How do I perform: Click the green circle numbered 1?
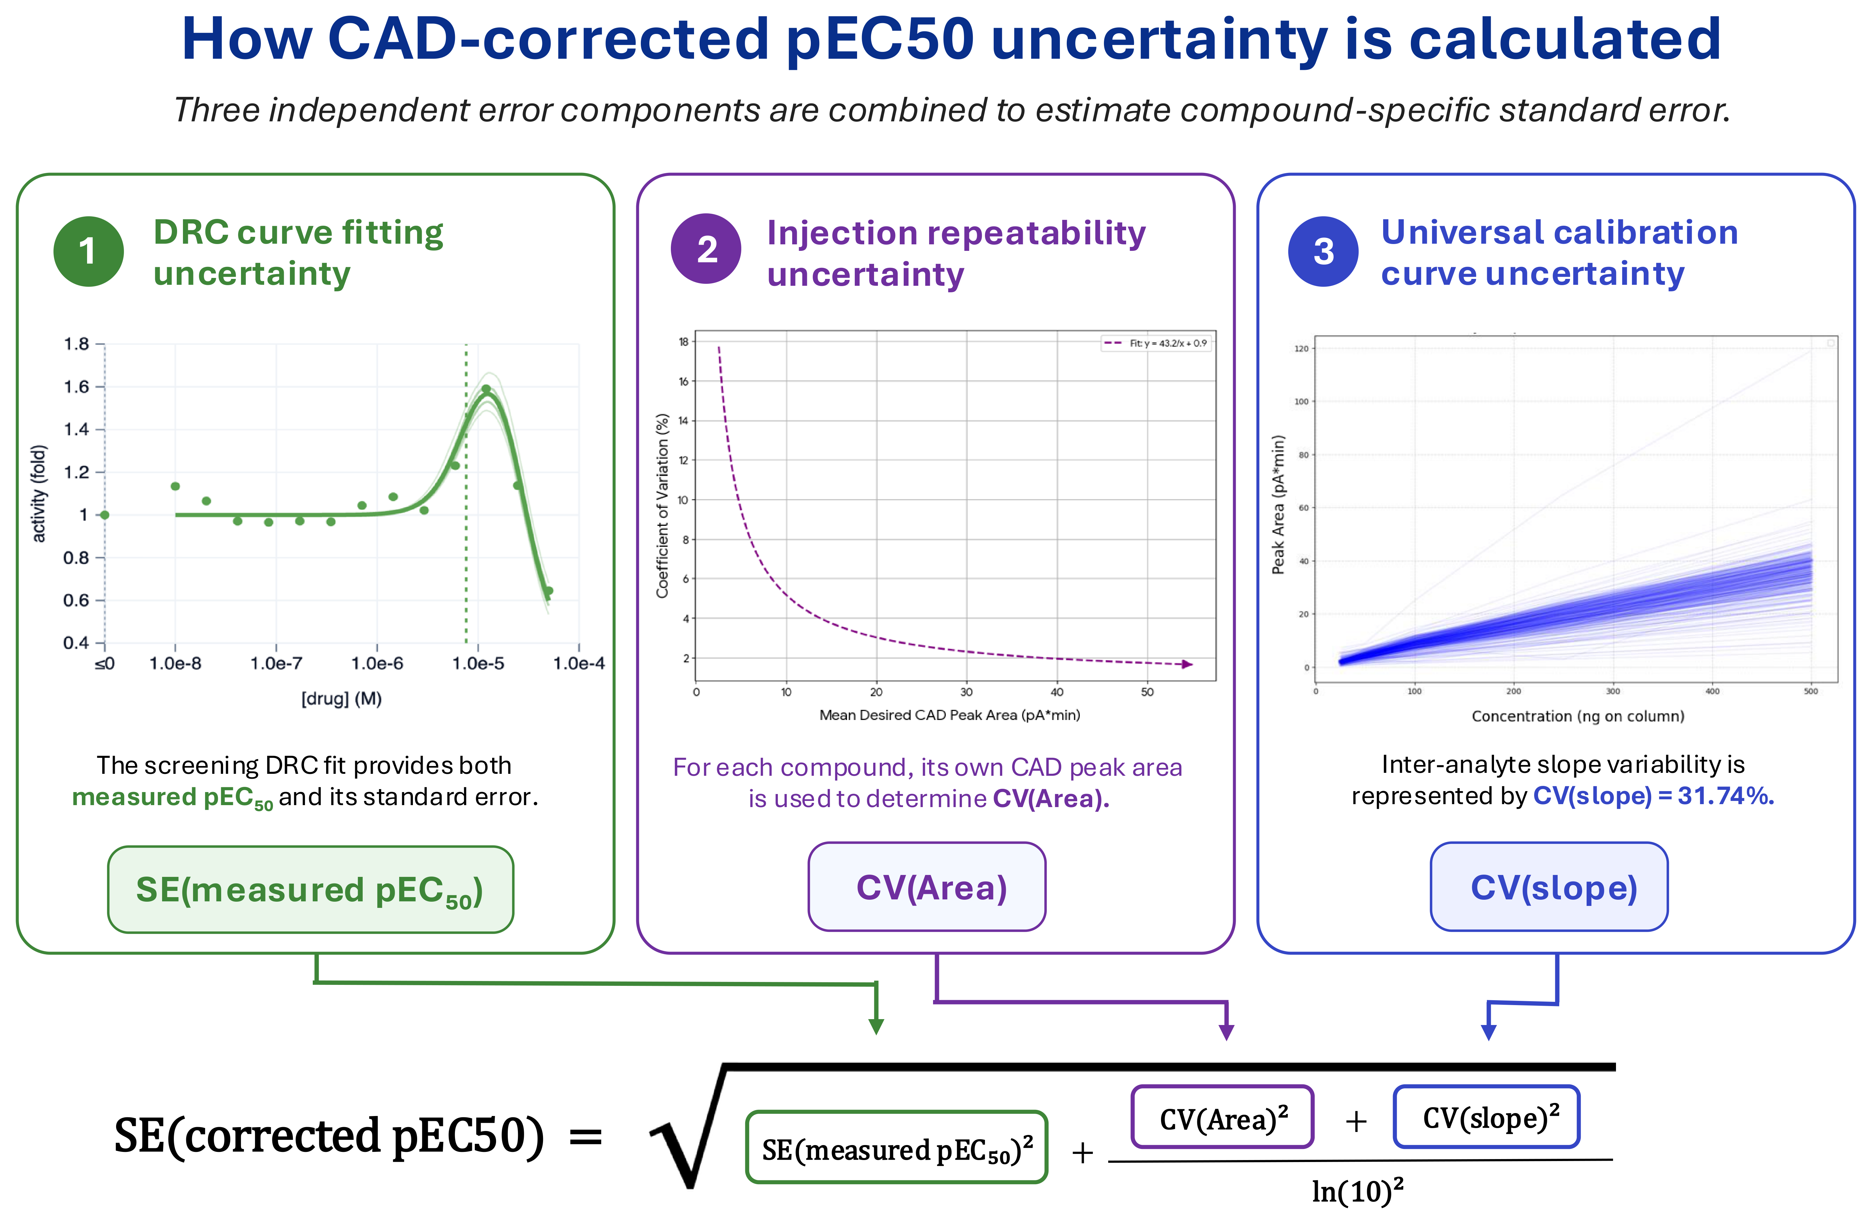88,251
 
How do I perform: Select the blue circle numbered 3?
1323,251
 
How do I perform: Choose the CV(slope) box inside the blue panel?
1549,887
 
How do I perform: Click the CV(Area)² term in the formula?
1222,1117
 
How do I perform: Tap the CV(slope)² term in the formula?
1487,1117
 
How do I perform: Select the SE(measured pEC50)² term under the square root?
897,1148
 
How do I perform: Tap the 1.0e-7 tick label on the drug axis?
276,663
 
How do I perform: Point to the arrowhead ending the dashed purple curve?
1188,665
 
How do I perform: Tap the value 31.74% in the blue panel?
1726,796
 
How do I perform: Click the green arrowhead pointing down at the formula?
876,1027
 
